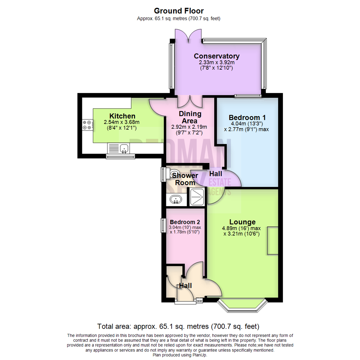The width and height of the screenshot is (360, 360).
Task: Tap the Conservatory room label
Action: [217, 56]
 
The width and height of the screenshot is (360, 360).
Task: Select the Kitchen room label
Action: [122, 116]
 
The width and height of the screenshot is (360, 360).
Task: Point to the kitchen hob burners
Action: [87, 125]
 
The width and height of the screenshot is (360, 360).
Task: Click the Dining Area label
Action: [190, 117]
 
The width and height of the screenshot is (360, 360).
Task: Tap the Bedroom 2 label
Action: [185, 222]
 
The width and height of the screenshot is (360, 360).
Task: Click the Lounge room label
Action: [242, 222]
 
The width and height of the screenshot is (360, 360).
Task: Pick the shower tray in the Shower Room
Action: [197, 197]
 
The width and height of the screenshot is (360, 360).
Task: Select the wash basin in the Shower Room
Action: [175, 200]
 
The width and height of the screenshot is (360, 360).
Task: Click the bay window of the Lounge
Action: [242, 305]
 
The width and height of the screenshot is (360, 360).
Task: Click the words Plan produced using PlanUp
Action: [180, 355]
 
